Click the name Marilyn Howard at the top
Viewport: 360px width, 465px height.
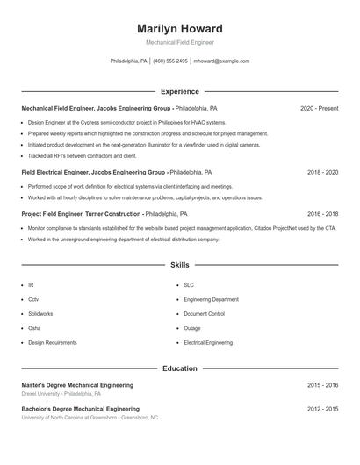179,28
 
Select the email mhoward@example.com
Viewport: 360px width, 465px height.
221,61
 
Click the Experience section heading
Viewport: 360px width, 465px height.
179,91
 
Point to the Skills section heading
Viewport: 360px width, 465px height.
179,264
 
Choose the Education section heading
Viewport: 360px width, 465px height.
179,368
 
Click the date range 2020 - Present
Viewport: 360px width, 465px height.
319,108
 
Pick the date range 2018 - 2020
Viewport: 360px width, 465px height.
322,173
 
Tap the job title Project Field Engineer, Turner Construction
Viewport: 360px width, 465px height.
81,214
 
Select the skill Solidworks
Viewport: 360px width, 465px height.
40,313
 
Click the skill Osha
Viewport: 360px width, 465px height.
34,328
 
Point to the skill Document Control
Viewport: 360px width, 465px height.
205,313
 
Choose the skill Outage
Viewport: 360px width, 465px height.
192,328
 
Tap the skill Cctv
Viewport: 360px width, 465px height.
33,299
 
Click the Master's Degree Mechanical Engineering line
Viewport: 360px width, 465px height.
77,385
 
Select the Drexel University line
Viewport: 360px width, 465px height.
61,394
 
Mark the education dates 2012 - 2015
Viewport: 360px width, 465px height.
322,409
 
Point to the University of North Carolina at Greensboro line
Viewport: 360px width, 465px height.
90,418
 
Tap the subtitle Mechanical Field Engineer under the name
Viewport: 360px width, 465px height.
179,42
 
